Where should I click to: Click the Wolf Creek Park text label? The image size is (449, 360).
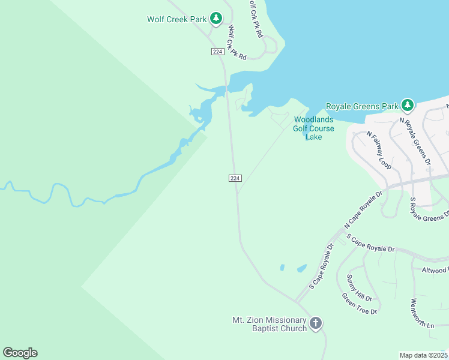point(176,19)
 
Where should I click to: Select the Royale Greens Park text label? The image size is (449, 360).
point(362,106)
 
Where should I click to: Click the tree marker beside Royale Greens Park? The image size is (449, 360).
point(408,106)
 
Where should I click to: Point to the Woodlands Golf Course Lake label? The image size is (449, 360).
point(313,128)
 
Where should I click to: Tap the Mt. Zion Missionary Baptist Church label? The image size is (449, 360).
point(270,324)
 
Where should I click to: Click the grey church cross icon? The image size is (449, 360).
point(316,324)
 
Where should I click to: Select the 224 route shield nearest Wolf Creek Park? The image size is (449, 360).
point(218,52)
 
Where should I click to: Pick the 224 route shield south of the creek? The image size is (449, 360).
point(235,178)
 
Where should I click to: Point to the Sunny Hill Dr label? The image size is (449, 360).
point(360,287)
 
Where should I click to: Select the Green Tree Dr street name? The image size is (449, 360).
point(359,304)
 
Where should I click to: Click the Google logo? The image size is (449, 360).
point(20,353)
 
